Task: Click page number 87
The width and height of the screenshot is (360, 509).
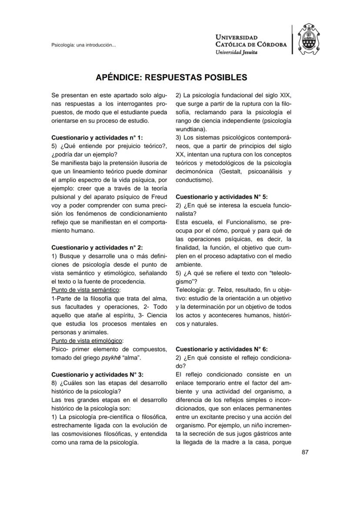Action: click(305, 452)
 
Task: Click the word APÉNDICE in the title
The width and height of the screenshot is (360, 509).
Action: click(118, 77)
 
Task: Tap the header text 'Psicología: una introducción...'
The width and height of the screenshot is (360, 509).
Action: click(83, 45)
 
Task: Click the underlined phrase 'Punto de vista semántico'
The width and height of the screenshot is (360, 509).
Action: click(86, 289)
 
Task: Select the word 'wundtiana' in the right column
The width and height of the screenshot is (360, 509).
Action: click(189, 129)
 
